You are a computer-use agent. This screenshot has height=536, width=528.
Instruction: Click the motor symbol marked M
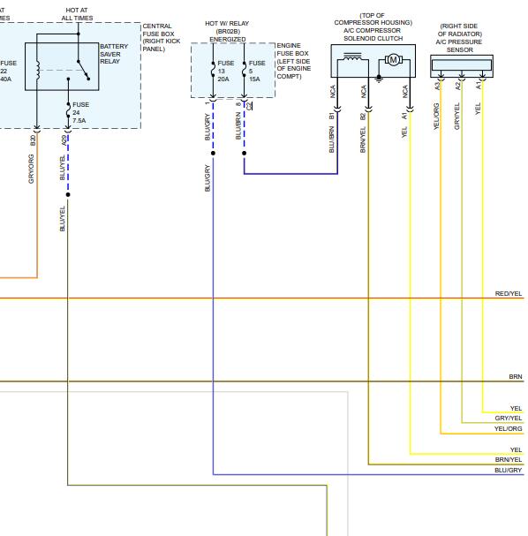coord(394,60)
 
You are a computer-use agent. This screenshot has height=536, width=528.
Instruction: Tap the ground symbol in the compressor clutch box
coord(379,79)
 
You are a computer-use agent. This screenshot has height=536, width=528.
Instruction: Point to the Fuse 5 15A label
coord(257,72)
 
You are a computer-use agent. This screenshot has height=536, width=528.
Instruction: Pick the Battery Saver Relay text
coord(114,54)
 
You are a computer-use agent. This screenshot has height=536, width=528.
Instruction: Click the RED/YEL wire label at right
coord(509,294)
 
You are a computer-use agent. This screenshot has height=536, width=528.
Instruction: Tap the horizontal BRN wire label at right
coord(516,376)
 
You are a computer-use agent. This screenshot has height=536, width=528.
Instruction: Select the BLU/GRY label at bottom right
coord(509,470)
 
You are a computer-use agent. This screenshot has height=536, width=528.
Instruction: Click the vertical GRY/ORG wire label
coord(31,169)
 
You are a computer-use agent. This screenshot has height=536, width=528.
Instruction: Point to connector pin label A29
coord(64,140)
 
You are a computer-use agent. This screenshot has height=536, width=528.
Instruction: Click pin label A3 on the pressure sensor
coord(437,86)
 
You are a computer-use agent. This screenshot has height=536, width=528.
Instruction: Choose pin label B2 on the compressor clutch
coord(363,117)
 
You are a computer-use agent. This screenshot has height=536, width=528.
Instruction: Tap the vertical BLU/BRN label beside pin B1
coord(331,140)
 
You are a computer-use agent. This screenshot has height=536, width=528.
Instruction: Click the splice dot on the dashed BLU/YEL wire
coord(68,194)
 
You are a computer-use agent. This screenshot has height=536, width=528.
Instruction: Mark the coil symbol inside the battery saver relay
coord(38,71)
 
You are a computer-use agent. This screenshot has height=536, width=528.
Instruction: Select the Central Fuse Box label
coord(162,37)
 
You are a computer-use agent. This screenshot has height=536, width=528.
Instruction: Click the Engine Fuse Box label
coord(293,61)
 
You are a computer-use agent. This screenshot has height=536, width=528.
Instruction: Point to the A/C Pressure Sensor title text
coord(460,38)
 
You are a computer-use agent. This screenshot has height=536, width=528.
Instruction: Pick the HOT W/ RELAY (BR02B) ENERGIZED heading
coord(227,31)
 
